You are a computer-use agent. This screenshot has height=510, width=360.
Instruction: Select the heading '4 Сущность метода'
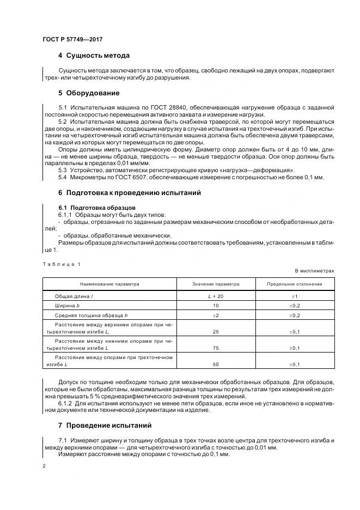coord(94,56)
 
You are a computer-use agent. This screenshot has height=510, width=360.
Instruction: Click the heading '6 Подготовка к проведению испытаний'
coord(130,192)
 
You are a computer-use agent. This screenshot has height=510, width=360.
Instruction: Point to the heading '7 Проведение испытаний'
coord(105,424)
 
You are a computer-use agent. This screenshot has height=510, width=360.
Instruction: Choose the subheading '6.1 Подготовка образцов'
coord(93,208)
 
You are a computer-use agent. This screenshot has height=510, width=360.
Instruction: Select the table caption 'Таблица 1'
coord(61,264)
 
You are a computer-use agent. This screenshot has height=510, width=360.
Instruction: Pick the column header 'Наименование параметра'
coord(109,284)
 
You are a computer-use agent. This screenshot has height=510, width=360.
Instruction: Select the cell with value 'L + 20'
coord(216,295)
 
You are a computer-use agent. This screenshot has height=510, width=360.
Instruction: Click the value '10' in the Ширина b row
coord(216,306)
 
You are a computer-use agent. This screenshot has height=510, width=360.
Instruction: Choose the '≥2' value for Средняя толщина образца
coord(216,315)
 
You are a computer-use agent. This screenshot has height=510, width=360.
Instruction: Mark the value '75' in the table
coord(216,348)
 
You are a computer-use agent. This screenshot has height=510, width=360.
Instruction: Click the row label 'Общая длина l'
coord(74,295)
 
